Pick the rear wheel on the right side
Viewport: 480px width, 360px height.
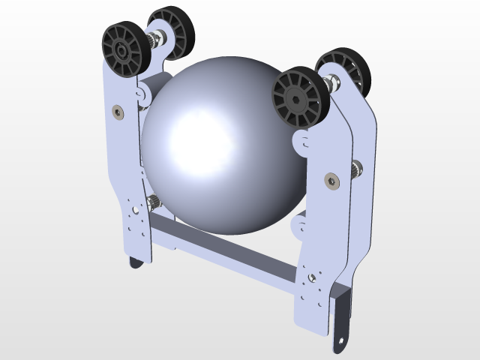pyautogui.click(x=344, y=71)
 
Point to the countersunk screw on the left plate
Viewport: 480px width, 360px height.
pyautogui.click(x=118, y=111)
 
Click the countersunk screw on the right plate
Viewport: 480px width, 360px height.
pyautogui.click(x=331, y=180)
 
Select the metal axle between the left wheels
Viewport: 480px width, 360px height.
pyautogui.click(x=157, y=37)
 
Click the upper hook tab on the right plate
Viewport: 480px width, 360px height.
pyautogui.click(x=299, y=140)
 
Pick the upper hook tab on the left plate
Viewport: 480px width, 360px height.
pyautogui.click(x=140, y=92)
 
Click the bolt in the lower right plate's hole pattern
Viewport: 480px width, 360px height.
pyautogui.click(x=311, y=280)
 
